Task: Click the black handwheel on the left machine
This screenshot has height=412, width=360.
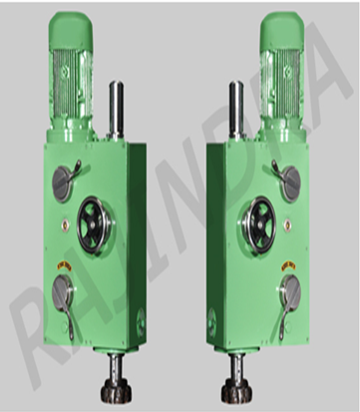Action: coord(96,225)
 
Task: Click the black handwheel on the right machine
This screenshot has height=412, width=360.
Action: coord(257,225)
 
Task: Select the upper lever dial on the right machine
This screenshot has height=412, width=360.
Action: coord(288,182)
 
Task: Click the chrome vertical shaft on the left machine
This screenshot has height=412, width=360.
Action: coord(117,110)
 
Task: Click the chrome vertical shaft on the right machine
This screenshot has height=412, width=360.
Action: coord(236,110)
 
